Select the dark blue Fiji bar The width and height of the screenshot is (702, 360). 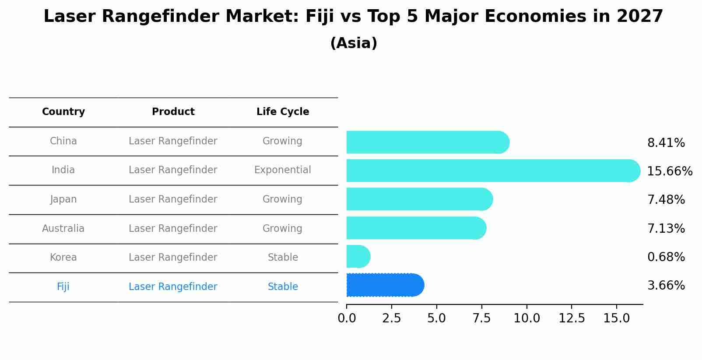[384, 285]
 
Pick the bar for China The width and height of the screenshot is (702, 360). [427, 142]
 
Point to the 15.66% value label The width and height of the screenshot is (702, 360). [670, 171]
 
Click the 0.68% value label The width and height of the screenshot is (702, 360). [666, 257]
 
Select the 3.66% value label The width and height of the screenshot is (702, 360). [666, 286]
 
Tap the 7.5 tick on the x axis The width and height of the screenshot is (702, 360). [481, 318]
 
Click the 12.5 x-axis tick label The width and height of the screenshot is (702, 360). [572, 318]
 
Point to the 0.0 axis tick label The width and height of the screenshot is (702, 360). [347, 318]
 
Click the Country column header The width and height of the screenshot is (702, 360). [63, 112]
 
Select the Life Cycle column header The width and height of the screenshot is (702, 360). [283, 112]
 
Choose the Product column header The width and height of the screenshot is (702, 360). [173, 112]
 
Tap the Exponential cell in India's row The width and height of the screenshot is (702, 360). [283, 170]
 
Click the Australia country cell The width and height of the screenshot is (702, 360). [63, 228]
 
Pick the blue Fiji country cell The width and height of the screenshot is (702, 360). [63, 287]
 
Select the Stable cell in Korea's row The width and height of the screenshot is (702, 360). [283, 258]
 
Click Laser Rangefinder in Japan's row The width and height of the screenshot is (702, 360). [173, 199]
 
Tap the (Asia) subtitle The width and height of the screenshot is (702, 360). [354, 43]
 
